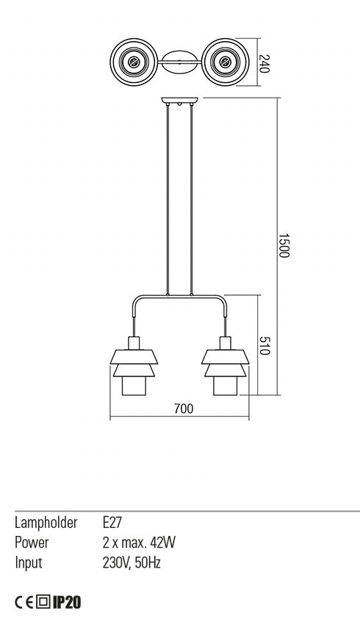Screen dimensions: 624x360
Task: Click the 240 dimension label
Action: pyautogui.click(x=265, y=63)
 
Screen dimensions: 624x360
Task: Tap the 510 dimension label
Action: pyautogui.click(x=265, y=346)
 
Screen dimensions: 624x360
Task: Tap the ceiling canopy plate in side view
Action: pyautogui.click(x=179, y=102)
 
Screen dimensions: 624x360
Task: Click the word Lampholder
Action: pyautogui.click(x=46, y=523)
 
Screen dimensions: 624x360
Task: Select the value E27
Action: pyautogui.click(x=112, y=523)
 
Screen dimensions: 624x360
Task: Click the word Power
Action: pyautogui.click(x=32, y=543)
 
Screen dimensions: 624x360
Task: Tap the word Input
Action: pyautogui.click(x=29, y=563)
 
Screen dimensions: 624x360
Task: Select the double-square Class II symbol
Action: pyautogui.click(x=43, y=603)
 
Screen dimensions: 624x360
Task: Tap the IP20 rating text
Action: pyautogui.click(x=66, y=603)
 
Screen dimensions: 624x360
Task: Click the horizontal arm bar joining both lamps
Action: pyautogui.click(x=179, y=297)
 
